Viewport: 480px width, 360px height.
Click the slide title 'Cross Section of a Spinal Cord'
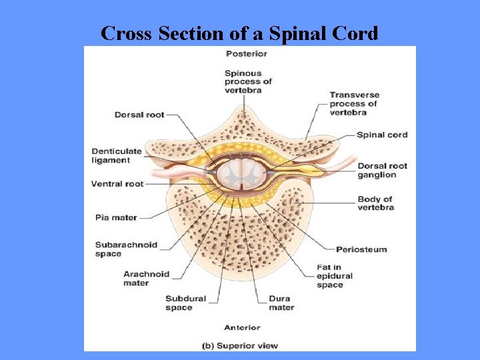(239, 33)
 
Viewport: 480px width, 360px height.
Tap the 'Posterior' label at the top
(246, 54)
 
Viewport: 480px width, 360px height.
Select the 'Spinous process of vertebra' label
(248, 81)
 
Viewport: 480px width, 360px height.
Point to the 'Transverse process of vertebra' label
(353, 103)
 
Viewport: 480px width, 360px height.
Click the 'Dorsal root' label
(139, 115)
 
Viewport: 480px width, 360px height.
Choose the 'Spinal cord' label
(382, 135)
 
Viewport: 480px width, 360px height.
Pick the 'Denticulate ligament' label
(117, 155)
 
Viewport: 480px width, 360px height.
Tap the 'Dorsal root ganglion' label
(382, 170)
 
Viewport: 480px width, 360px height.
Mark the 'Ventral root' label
(117, 183)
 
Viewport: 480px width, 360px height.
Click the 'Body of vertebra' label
(375, 203)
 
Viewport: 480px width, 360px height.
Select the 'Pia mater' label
(116, 216)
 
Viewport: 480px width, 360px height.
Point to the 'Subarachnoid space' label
(126, 249)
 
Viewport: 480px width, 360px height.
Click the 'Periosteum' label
(361, 249)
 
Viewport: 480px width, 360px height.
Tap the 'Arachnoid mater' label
(146, 278)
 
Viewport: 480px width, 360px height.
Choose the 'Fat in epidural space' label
(335, 276)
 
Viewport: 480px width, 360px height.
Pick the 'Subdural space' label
(185, 303)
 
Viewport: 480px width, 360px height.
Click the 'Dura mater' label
(281, 303)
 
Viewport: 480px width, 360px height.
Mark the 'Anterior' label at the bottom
(242, 327)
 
